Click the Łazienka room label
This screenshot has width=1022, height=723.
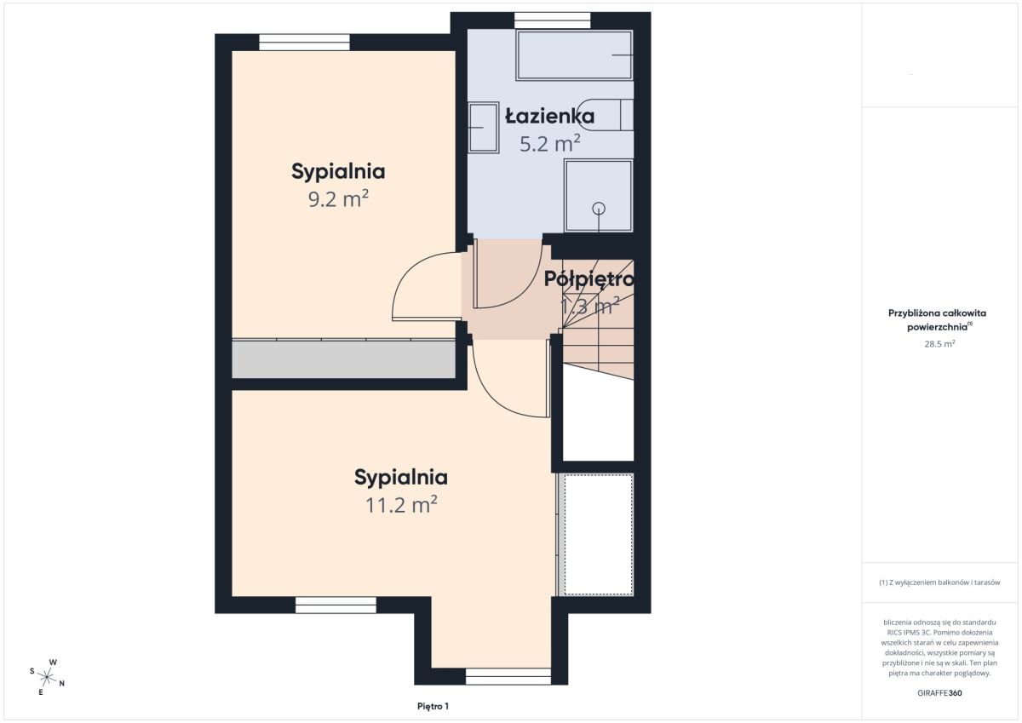coord(550,116)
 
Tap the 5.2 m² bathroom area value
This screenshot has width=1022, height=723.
coord(550,143)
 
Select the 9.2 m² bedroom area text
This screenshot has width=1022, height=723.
coord(338,199)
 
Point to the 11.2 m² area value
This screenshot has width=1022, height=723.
coord(401,504)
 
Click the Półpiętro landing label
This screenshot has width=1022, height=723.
coord(589,279)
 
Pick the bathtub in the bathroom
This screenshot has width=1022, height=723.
coord(574,55)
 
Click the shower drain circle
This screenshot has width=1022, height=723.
coord(599,209)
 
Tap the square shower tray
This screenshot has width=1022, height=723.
coord(599,196)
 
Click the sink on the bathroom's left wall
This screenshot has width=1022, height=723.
coord(484,127)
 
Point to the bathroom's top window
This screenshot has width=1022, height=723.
coord(553,20)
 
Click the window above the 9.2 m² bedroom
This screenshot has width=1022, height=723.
coord(305,43)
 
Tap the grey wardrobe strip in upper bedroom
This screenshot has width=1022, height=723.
coord(343,359)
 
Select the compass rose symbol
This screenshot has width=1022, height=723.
coord(47,677)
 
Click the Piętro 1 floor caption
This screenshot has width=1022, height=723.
coord(433,707)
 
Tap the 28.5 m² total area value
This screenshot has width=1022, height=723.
coord(939,344)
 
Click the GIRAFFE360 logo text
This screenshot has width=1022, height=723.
coord(939,693)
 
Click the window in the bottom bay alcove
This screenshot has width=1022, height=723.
coord(508,676)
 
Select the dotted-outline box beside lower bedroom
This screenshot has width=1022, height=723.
coord(599,534)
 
